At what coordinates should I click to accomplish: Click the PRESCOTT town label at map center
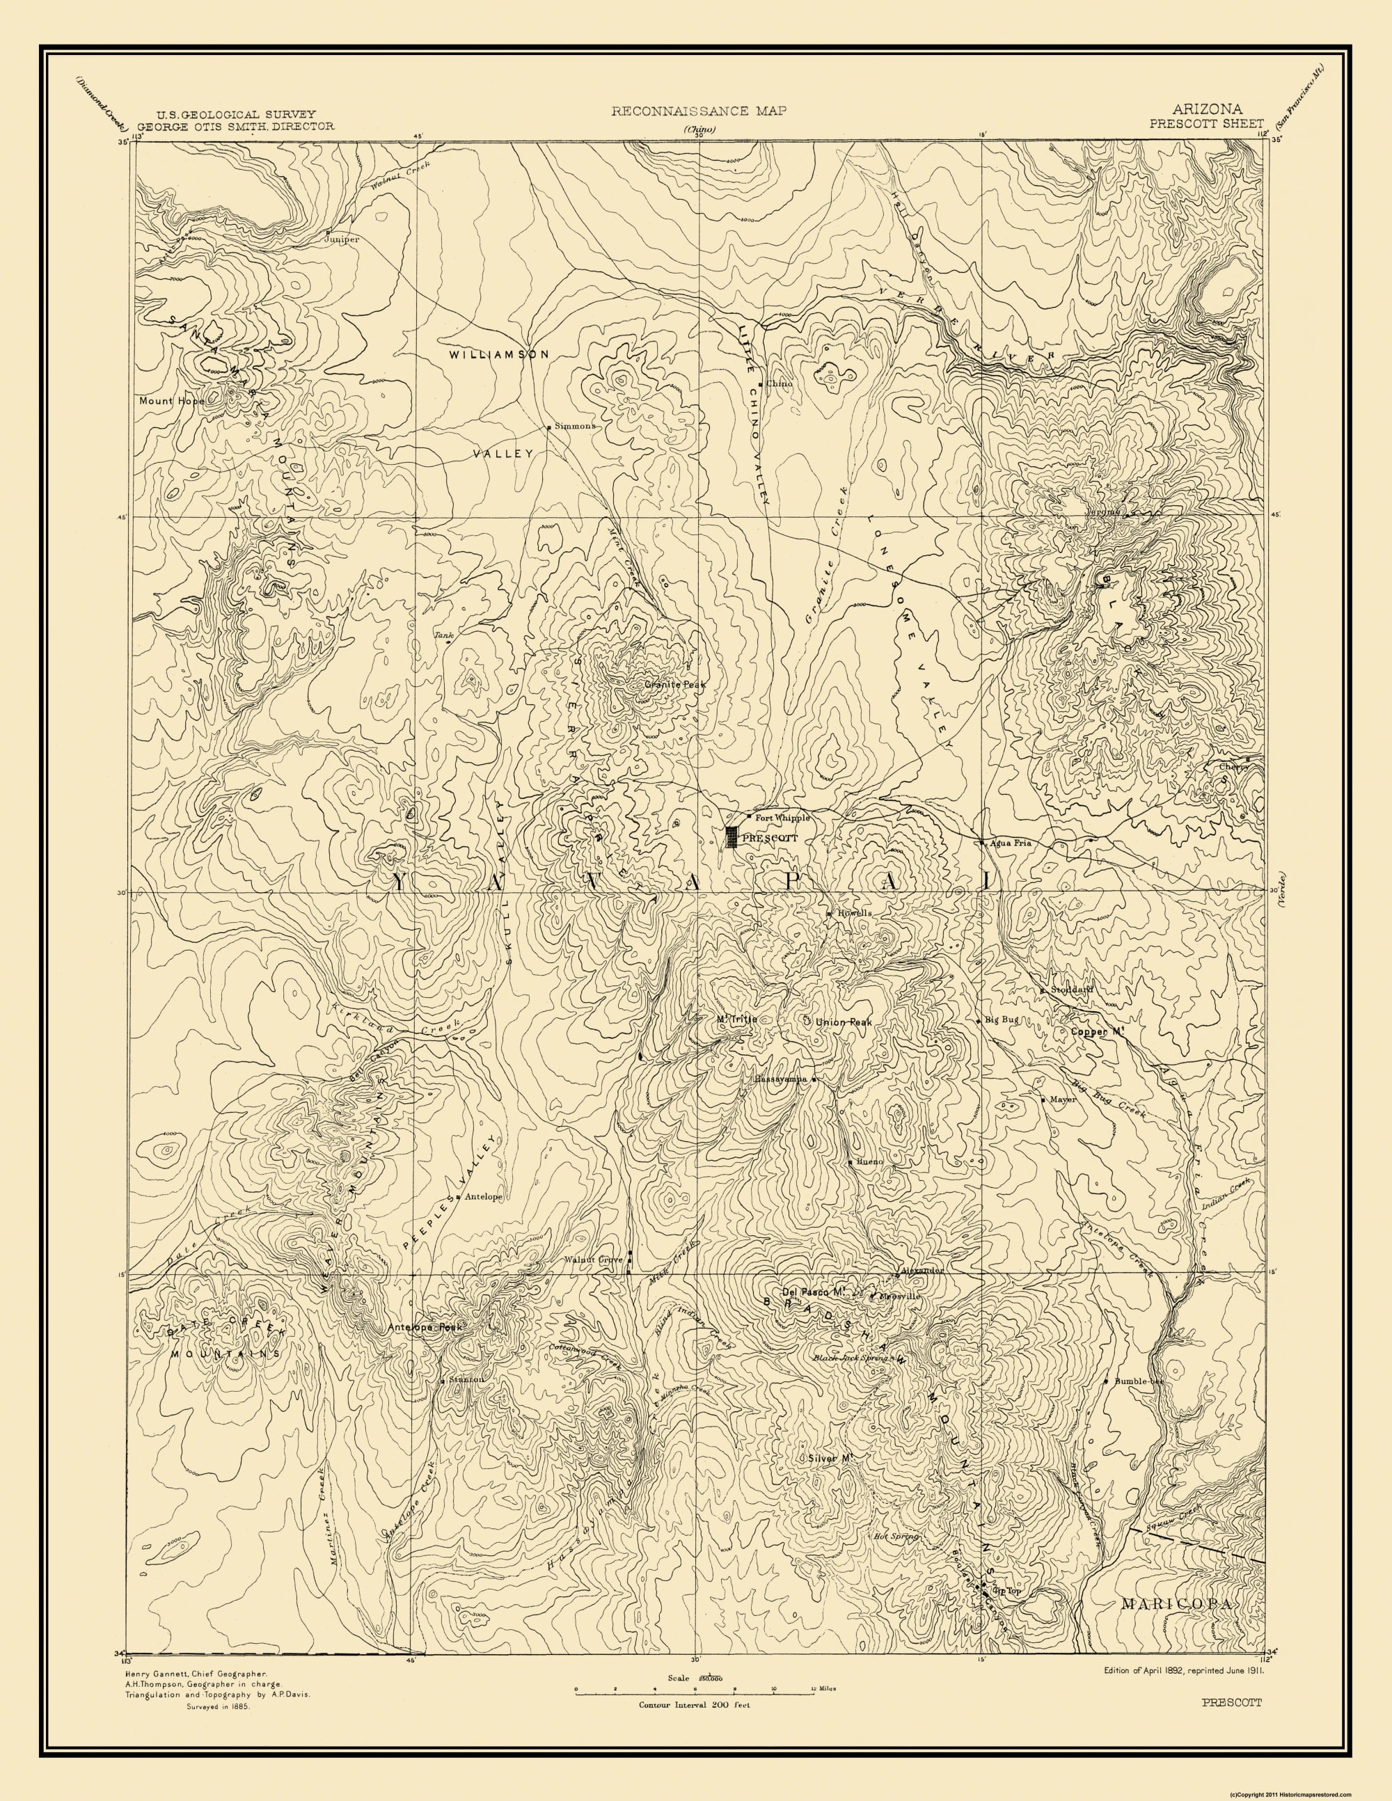770,838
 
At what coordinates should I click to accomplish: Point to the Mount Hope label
170,402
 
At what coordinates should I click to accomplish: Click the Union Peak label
843,1022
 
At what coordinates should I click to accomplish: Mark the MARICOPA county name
1178,1581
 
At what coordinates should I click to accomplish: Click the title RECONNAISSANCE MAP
699,110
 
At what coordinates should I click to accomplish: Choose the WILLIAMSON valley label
499,354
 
